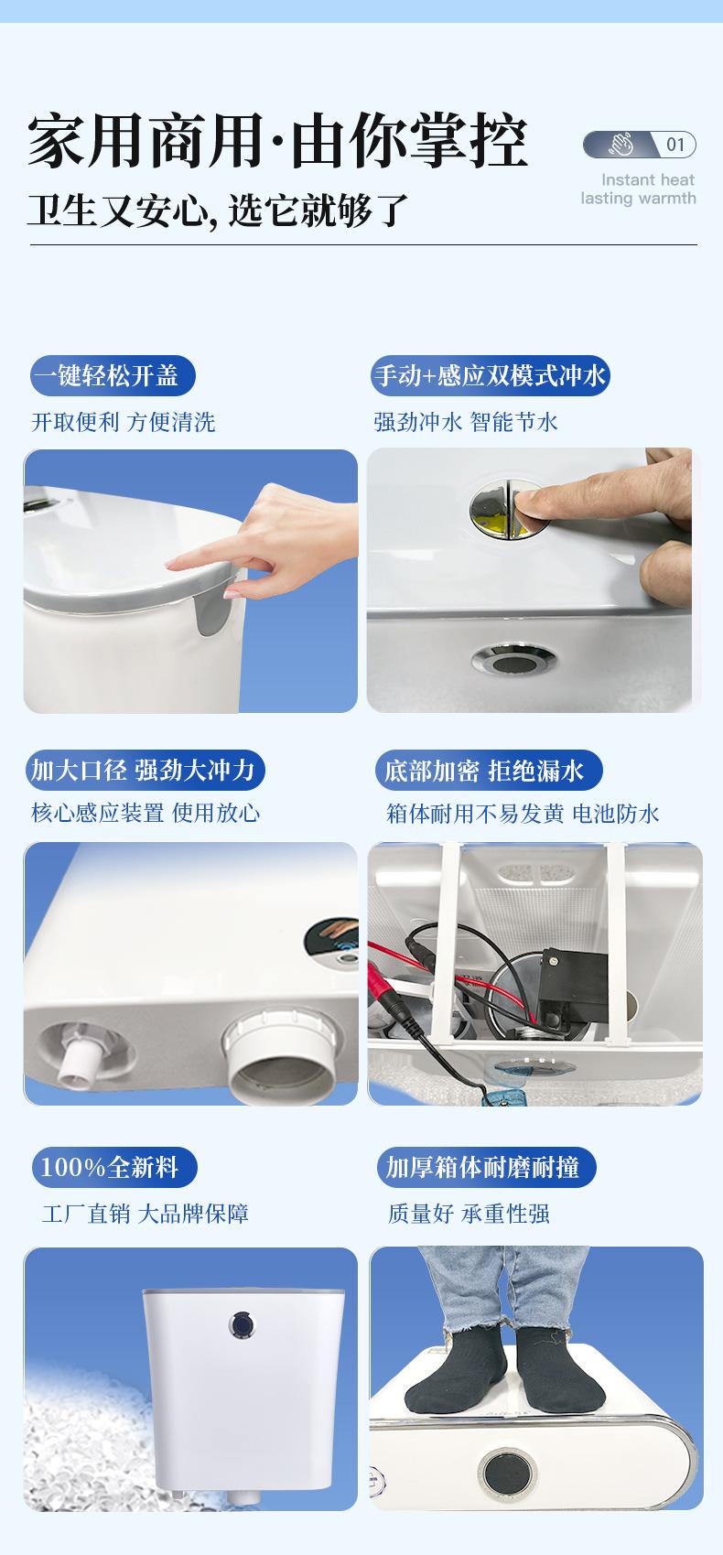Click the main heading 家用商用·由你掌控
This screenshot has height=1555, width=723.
[277, 141]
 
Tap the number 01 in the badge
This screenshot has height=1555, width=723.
[675, 145]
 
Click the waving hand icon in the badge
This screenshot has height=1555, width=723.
[620, 145]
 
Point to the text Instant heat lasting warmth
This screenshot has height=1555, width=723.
[639, 189]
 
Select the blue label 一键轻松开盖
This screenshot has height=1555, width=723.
[113, 376]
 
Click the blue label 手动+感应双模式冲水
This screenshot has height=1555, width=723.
[490, 376]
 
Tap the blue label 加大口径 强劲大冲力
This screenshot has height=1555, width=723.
[145, 770]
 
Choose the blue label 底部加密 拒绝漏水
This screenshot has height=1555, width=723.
[486, 770]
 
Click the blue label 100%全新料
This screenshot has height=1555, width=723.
[114, 1167]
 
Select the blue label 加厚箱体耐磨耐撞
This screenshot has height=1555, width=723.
[486, 1167]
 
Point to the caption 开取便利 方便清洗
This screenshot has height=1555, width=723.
[124, 422]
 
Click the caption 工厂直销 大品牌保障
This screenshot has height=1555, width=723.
[145, 1214]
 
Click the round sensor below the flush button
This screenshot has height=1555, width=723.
[513, 660]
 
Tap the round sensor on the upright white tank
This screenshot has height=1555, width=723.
[241, 1324]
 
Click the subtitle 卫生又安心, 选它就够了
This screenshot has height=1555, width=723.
[217, 210]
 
